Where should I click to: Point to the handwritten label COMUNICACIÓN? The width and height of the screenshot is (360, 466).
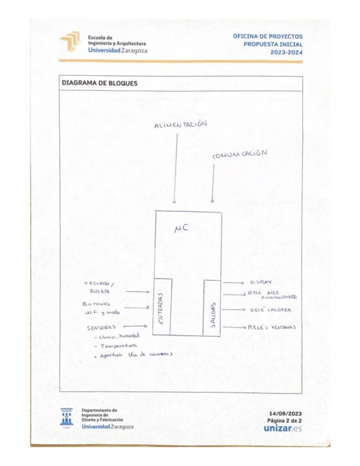[240, 155]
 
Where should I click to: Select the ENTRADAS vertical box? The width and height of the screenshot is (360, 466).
[163, 307]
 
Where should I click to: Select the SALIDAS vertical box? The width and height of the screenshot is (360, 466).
[212, 307]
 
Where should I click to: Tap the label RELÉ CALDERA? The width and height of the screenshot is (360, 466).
[267, 309]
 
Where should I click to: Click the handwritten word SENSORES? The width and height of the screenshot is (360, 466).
[102, 328]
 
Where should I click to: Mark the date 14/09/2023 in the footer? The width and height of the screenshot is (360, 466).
[286, 413]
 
